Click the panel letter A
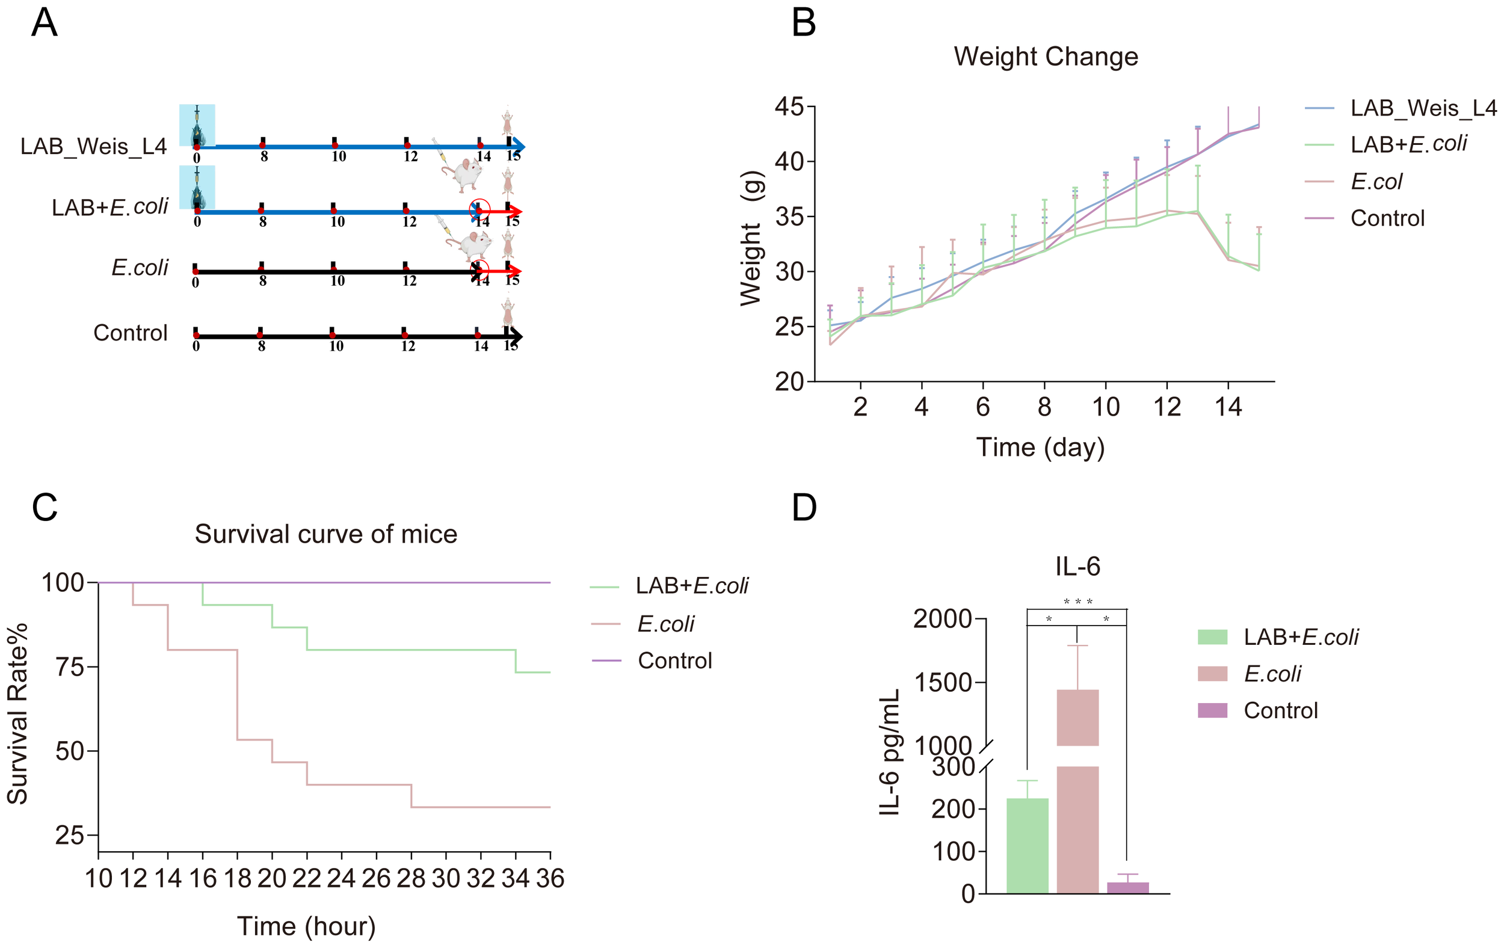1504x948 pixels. (x=45, y=23)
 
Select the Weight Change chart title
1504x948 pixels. (x=1046, y=57)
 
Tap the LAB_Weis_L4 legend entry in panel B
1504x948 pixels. (x=1423, y=109)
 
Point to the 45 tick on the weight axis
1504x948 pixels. (x=789, y=107)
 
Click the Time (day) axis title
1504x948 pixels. (x=1041, y=448)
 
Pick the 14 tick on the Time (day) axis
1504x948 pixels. (x=1228, y=407)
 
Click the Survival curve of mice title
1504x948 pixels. (x=326, y=535)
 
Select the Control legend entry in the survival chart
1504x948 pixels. (x=674, y=660)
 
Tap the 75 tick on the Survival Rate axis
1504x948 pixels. (x=69, y=667)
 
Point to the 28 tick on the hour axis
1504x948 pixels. (x=411, y=879)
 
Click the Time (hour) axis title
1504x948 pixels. (x=306, y=926)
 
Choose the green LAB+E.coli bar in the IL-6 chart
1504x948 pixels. (x=1027, y=846)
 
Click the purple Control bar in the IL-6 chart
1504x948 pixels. (x=1127, y=887)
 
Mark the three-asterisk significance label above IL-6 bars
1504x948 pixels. (x=1078, y=602)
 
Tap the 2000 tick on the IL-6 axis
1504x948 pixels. (x=943, y=619)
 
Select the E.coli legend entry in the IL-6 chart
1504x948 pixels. (x=1272, y=674)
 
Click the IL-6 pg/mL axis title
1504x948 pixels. (x=889, y=753)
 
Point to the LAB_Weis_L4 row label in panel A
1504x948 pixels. (x=94, y=147)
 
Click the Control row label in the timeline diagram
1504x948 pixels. (x=131, y=333)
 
